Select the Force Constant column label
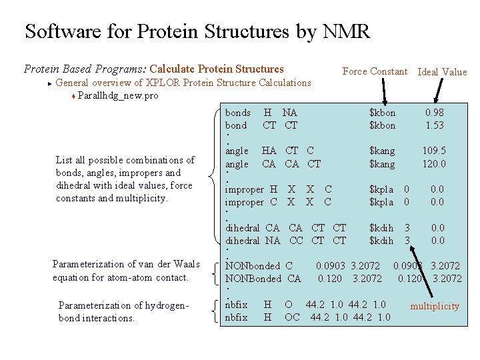[374, 71]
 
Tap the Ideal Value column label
[441, 72]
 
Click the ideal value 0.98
[435, 113]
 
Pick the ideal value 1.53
[435, 125]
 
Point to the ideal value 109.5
[434, 151]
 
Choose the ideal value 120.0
[434, 164]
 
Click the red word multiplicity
[434, 306]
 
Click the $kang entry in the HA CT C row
[382, 151]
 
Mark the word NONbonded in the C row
[253, 266]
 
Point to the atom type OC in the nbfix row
[292, 317]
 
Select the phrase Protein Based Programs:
[85, 69]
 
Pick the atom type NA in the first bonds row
[289, 113]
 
